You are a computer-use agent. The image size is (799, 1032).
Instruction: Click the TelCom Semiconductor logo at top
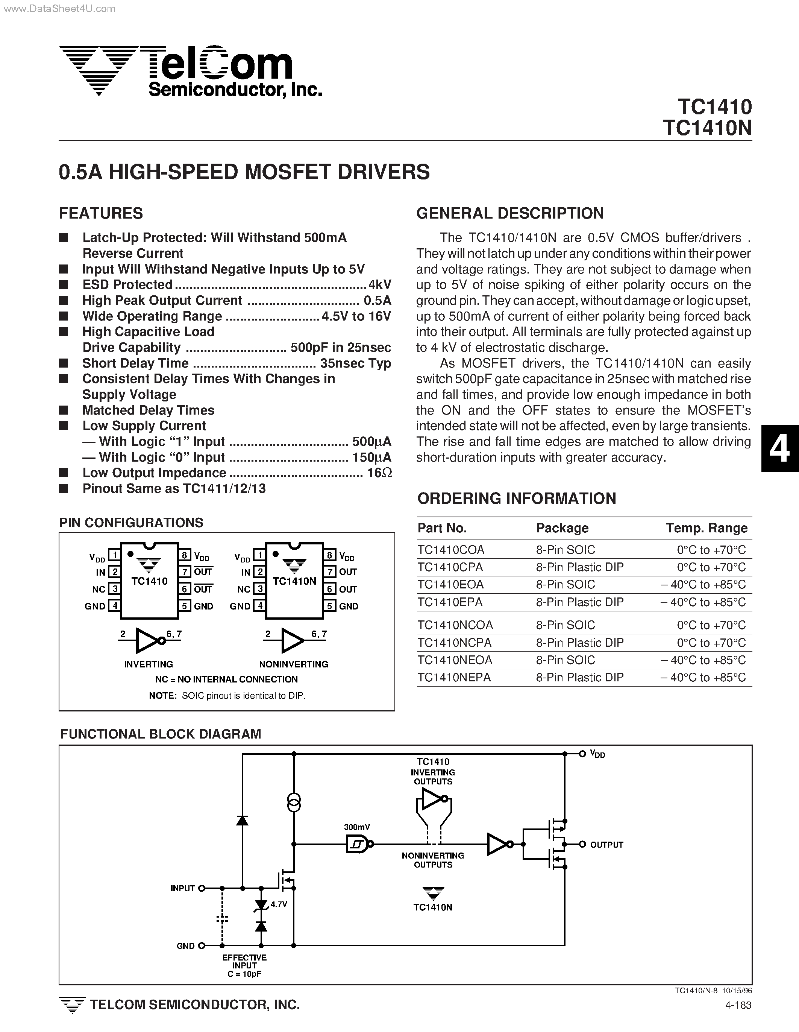(x=189, y=71)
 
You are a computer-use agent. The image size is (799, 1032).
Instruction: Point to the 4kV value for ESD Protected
(x=380, y=284)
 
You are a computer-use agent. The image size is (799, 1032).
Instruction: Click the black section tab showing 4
(x=779, y=448)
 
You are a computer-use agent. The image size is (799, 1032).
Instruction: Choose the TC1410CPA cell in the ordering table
(x=450, y=567)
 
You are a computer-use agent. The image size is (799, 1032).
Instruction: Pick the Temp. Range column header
(x=707, y=528)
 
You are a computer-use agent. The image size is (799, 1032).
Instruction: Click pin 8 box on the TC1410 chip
(x=185, y=555)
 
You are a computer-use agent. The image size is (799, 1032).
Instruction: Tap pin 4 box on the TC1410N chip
(x=259, y=606)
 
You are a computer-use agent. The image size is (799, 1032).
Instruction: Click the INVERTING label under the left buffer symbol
(x=148, y=664)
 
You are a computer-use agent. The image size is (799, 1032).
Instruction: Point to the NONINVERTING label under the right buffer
(x=294, y=664)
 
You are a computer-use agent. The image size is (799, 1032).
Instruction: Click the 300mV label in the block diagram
(x=357, y=827)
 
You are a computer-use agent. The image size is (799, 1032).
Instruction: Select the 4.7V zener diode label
(x=279, y=904)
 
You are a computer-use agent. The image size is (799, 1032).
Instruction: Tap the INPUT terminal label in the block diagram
(x=182, y=888)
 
